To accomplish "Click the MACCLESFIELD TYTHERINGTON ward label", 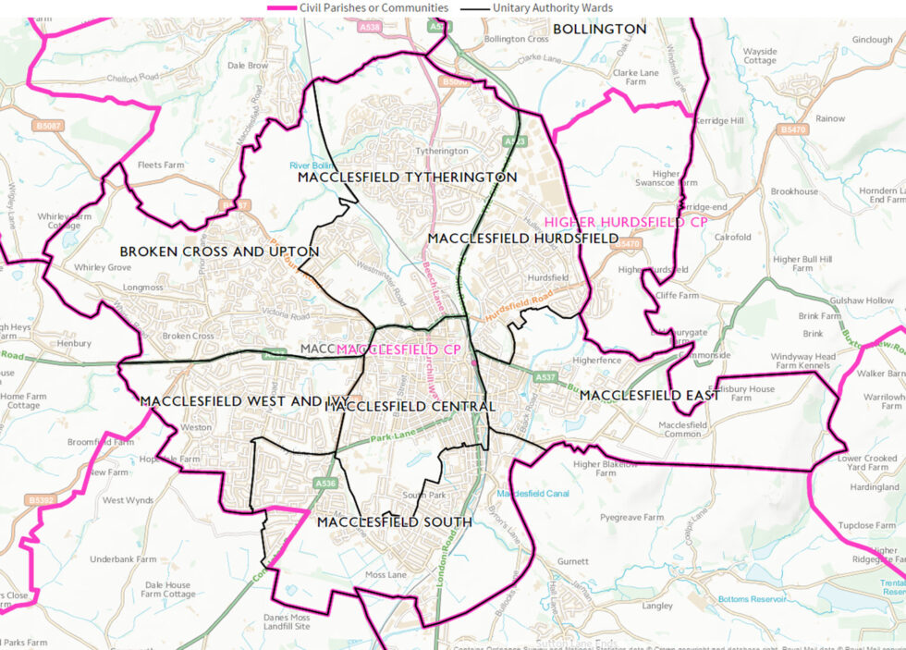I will [x=407, y=177].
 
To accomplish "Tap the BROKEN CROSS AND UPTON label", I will [x=219, y=251].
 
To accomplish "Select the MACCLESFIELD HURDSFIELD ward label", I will [x=522, y=239].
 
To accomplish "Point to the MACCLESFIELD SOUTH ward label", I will [x=394, y=522].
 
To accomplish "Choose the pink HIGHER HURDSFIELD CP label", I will [x=627, y=222].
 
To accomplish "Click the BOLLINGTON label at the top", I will [x=599, y=30].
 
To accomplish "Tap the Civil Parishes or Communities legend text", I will [x=373, y=7].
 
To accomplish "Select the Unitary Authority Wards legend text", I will [x=552, y=7].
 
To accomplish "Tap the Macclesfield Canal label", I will [x=533, y=494].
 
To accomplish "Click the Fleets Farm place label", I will [x=161, y=166].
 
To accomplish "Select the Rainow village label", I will [x=829, y=118].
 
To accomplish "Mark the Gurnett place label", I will [x=573, y=561].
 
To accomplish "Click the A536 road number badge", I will [x=324, y=483].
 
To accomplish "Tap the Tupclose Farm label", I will [x=866, y=525].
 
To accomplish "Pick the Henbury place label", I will [x=74, y=343].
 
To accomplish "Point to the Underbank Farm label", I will [x=123, y=558].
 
